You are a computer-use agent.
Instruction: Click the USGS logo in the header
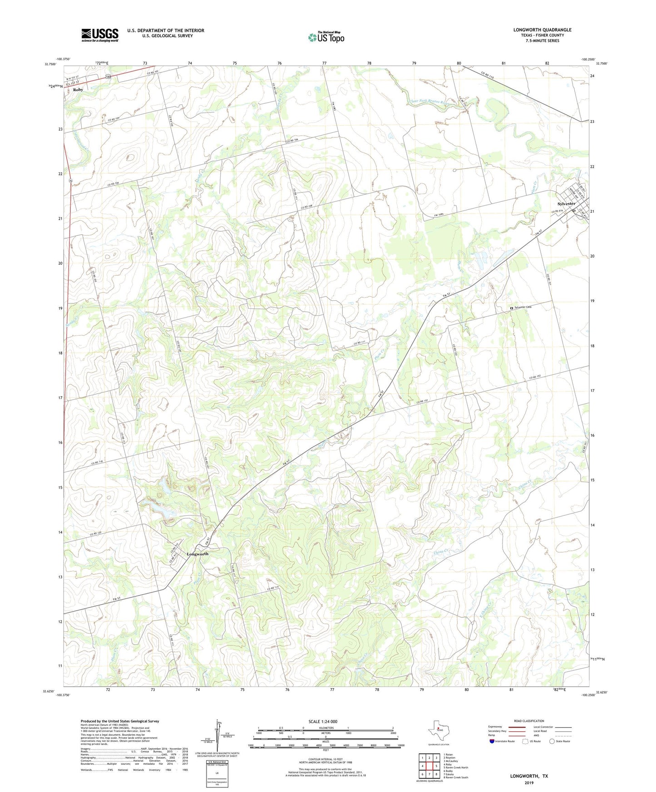[100, 35]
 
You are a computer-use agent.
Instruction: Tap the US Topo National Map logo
[326, 37]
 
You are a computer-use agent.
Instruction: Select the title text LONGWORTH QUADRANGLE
[542, 30]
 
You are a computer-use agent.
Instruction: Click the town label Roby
[78, 90]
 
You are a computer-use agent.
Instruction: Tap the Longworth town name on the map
[197, 554]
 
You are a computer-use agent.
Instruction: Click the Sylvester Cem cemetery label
[522, 308]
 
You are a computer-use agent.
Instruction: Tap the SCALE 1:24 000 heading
[323, 721]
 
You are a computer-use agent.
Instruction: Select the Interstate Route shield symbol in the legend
[492, 741]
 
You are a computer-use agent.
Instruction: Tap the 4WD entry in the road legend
[537, 735]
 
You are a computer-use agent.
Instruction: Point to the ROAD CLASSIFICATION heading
[529, 721]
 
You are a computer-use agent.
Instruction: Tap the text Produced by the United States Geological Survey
[120, 721]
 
